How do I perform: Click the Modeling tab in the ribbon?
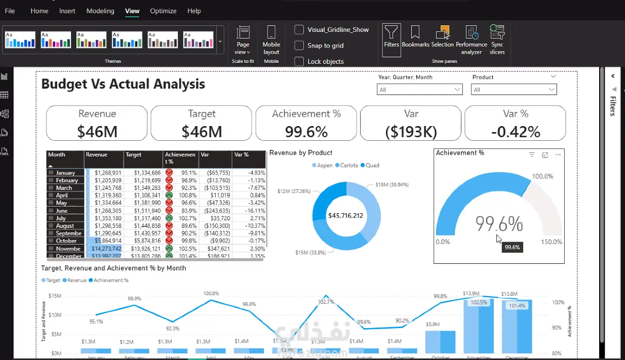pyautogui.click(x=100, y=11)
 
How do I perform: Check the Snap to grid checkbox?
pyautogui.click(x=299, y=46)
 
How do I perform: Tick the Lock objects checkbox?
pyautogui.click(x=299, y=61)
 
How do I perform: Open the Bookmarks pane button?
pyautogui.click(x=415, y=36)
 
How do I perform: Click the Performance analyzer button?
pyautogui.click(x=472, y=39)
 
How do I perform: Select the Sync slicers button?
pyautogui.click(x=497, y=39)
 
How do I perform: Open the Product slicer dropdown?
pyautogui.click(x=514, y=90)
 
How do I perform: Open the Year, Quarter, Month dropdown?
pyautogui.click(x=420, y=90)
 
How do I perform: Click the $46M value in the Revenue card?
pyautogui.click(x=97, y=132)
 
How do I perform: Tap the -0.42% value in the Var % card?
pyautogui.click(x=516, y=132)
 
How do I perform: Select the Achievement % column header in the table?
pyautogui.click(x=180, y=158)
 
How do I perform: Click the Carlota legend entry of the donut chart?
pyautogui.click(x=349, y=166)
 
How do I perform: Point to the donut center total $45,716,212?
pyautogui.click(x=346, y=215)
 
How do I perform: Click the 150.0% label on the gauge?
pyautogui.click(x=552, y=242)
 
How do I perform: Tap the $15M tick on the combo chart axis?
pyautogui.click(x=55, y=296)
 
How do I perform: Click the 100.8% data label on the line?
pyautogui.click(x=211, y=294)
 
